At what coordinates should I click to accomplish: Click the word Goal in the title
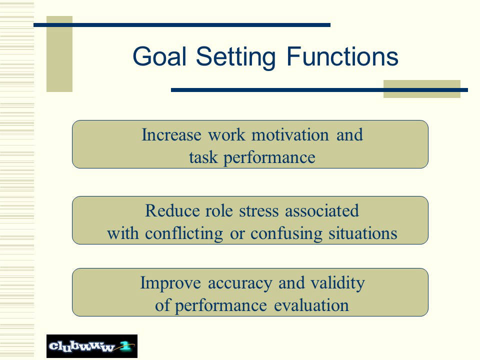tap(159, 56)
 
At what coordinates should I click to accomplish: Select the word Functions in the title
tap(342, 56)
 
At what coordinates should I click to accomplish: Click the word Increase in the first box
tap(171, 134)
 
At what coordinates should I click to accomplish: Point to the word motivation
tap(290, 134)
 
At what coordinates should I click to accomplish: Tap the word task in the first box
tap(203, 157)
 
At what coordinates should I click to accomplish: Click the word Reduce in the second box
tap(172, 211)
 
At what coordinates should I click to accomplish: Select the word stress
tap(259, 211)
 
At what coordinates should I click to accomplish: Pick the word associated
tap(322, 211)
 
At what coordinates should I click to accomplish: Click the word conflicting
tap(183, 234)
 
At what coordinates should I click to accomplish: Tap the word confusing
tap(286, 234)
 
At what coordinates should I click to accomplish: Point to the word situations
tap(363, 233)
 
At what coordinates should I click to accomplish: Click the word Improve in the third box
tap(170, 283)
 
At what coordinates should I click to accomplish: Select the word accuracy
tap(240, 284)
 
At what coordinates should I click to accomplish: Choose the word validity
tap(337, 283)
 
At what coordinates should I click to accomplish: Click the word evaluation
tap(311, 305)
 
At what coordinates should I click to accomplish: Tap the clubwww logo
tap(92, 346)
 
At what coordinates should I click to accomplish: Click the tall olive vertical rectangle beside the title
tap(59, 54)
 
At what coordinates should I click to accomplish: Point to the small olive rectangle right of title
tap(422, 89)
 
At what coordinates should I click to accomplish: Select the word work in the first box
tap(226, 134)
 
